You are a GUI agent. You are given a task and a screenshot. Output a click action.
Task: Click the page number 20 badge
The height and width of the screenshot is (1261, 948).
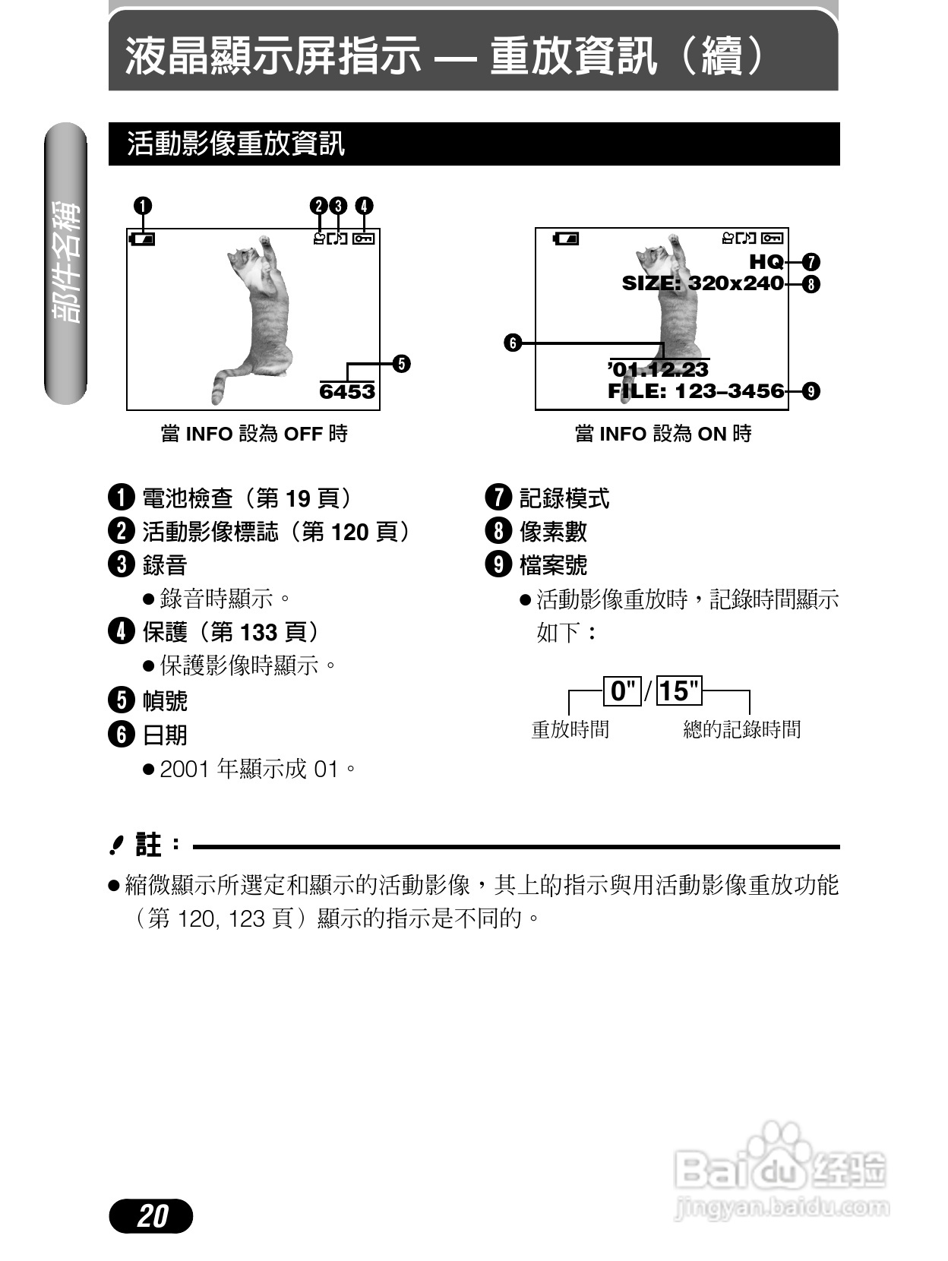pyautogui.click(x=151, y=1215)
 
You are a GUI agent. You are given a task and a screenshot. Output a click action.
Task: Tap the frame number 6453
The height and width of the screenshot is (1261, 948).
pyautogui.click(x=347, y=391)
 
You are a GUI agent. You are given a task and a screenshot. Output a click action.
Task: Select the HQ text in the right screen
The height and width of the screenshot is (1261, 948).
pyautogui.click(x=766, y=261)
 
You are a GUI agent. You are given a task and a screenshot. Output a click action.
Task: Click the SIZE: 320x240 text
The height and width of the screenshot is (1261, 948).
pyautogui.click(x=703, y=283)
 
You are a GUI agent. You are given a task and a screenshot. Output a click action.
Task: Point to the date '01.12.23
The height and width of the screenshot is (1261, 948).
pyautogui.click(x=659, y=369)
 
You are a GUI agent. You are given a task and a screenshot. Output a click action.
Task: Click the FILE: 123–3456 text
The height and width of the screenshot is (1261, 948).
pyautogui.click(x=696, y=391)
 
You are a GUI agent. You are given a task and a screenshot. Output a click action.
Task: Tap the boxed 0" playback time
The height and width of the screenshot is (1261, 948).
pyautogui.click(x=623, y=691)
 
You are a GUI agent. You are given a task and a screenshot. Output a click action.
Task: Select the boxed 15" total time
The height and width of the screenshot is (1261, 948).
pyautogui.click(x=678, y=691)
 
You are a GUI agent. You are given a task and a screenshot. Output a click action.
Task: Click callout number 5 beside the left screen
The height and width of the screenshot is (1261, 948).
pyautogui.click(x=401, y=363)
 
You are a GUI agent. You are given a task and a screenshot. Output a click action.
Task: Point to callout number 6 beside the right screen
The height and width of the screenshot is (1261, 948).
pyautogui.click(x=513, y=343)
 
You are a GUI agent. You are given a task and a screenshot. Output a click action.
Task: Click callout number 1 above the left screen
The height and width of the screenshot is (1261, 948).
pyautogui.click(x=142, y=206)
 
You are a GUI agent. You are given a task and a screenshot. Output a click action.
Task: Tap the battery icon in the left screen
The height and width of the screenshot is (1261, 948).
pyautogui.click(x=142, y=239)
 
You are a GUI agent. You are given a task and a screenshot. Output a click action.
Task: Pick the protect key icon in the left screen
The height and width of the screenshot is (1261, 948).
pyautogui.click(x=364, y=239)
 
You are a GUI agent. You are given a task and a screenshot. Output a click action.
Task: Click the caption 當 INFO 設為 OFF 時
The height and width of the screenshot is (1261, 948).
pyautogui.click(x=254, y=434)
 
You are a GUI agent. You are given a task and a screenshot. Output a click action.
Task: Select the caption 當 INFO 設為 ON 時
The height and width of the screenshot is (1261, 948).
pyautogui.click(x=663, y=434)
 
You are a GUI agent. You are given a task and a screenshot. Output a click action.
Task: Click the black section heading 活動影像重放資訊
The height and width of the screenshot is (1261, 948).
pyautogui.click(x=236, y=144)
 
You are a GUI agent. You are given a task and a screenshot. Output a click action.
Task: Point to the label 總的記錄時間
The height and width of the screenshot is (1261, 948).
pyautogui.click(x=742, y=729)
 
